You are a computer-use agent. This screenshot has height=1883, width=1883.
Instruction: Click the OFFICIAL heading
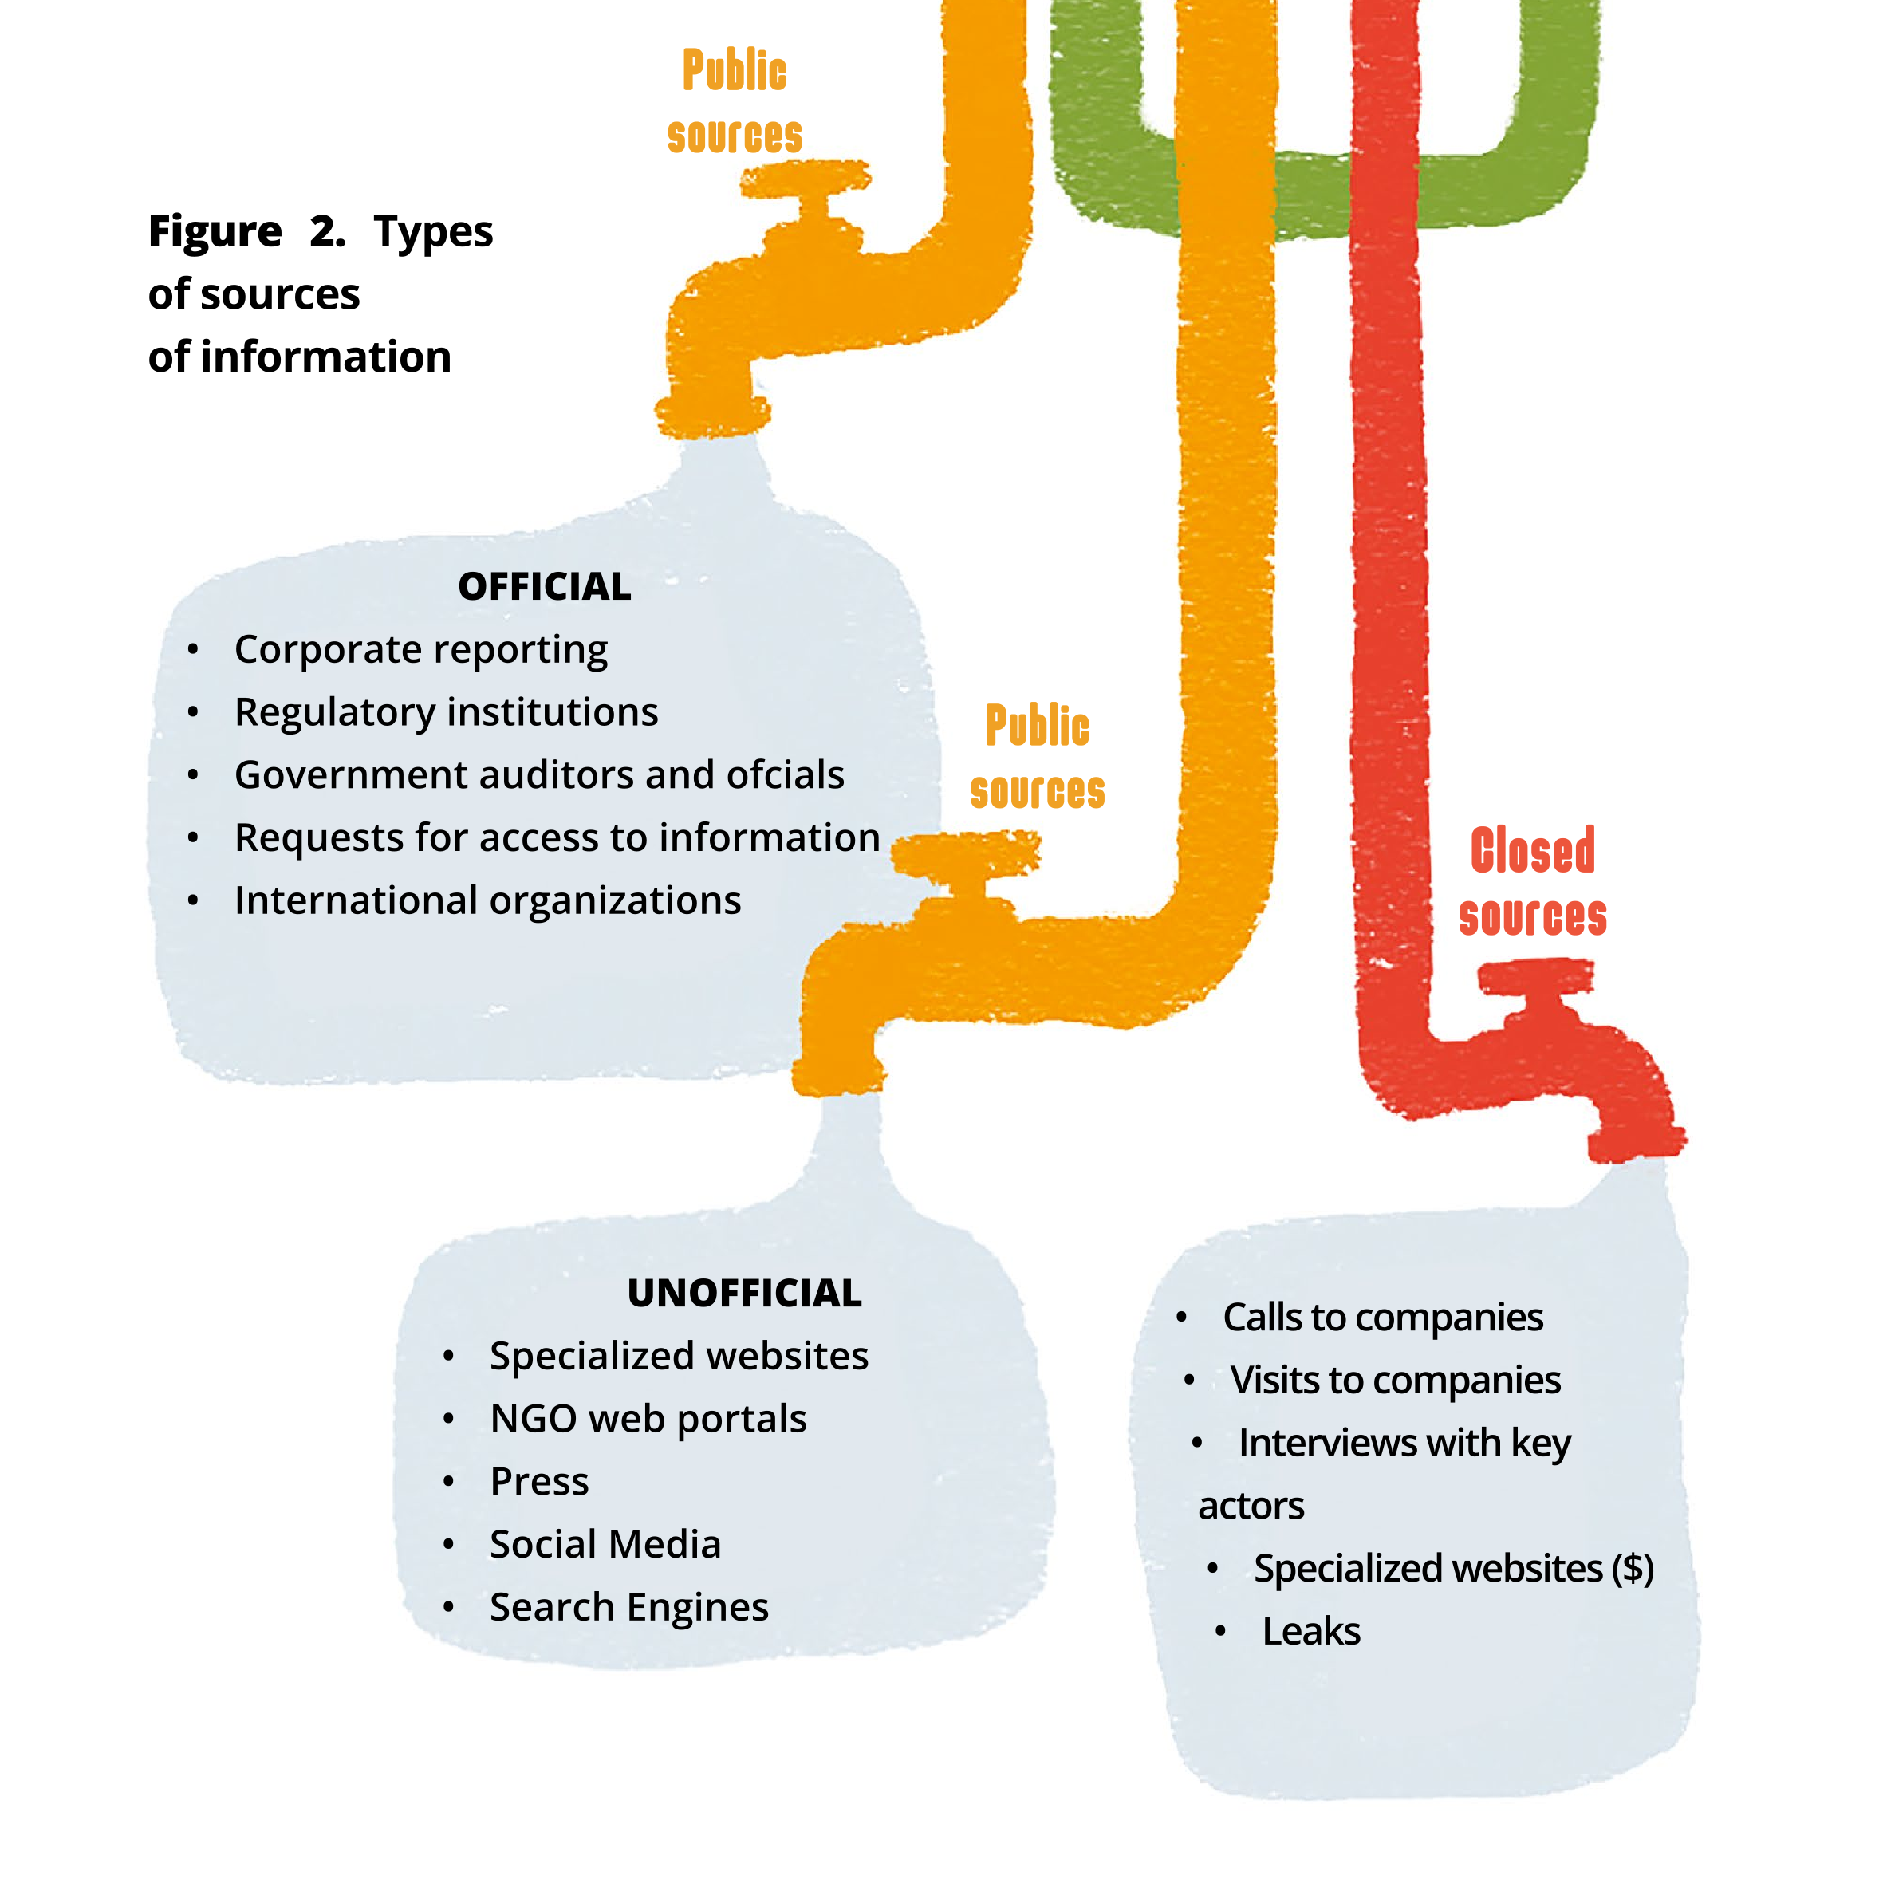544,587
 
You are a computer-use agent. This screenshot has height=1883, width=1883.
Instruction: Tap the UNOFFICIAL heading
745,1294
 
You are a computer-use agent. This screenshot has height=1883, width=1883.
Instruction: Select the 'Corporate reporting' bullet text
421,650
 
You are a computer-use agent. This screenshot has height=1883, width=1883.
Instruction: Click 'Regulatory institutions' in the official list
447,712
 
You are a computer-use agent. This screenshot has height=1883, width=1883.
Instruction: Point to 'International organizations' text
487,900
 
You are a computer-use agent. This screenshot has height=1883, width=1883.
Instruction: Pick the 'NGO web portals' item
648,1419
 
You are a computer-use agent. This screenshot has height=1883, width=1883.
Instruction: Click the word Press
539,1482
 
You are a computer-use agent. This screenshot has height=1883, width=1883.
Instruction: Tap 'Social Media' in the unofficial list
605,1545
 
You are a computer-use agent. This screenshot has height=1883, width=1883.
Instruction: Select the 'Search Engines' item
628,1607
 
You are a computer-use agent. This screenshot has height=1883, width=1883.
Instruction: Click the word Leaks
1311,1632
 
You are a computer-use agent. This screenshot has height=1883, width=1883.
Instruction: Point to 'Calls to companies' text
1383,1318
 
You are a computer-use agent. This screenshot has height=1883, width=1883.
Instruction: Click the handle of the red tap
1536,975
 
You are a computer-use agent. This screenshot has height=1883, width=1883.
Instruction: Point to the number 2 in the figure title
325,232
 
